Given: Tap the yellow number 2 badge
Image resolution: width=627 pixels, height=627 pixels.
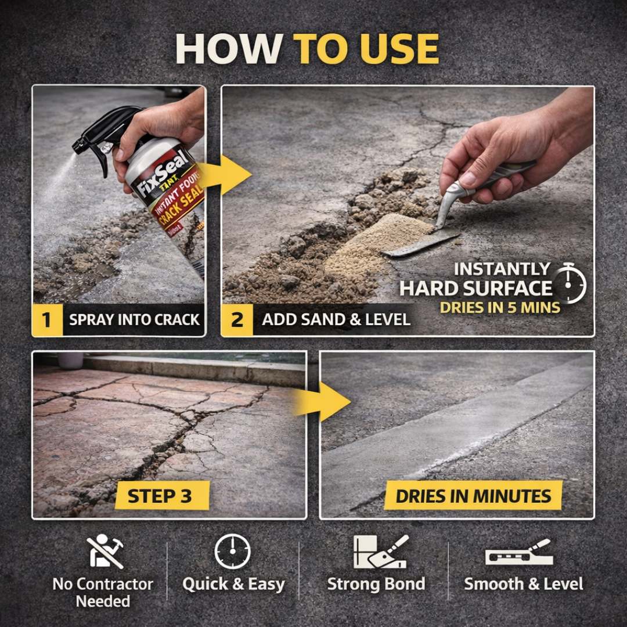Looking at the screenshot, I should (237, 320).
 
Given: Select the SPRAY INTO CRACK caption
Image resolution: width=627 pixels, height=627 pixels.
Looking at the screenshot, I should (134, 320).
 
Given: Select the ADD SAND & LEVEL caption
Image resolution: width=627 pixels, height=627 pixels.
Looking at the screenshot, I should (336, 320).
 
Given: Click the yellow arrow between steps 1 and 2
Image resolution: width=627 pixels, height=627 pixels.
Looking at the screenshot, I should (229, 175).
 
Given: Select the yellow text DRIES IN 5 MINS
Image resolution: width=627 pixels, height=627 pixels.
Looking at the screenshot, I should (499, 307).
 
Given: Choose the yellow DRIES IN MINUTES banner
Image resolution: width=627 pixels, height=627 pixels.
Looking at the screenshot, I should (473, 496).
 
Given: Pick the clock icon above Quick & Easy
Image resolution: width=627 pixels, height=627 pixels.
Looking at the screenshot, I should (233, 552).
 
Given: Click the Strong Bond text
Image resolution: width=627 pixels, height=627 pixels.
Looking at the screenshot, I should (376, 583).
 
